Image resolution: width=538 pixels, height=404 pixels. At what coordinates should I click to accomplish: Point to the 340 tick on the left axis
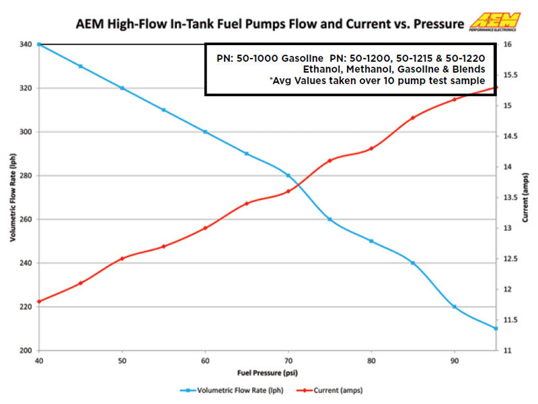pos(26,44)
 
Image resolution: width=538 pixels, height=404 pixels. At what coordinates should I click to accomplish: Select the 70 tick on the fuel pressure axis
pos(288,360)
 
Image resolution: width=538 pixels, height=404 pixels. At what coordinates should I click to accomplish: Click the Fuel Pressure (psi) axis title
pos(267,372)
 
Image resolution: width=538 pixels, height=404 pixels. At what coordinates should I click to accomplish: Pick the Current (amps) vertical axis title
pos(525,197)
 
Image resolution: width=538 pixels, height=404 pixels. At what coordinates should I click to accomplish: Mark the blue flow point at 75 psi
pos(330,220)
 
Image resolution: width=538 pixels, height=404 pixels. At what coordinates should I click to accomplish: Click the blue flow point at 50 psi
pos(122,88)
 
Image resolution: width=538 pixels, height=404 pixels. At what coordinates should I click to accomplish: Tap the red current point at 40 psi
pos(39,301)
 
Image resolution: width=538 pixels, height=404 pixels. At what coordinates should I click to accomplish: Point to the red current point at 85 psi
pos(413,118)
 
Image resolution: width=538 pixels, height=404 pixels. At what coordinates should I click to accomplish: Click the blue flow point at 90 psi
pos(455,307)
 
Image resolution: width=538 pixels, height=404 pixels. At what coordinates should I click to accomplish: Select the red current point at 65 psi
pos(247,203)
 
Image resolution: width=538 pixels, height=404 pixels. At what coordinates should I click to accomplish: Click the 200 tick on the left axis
pos(26,351)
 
